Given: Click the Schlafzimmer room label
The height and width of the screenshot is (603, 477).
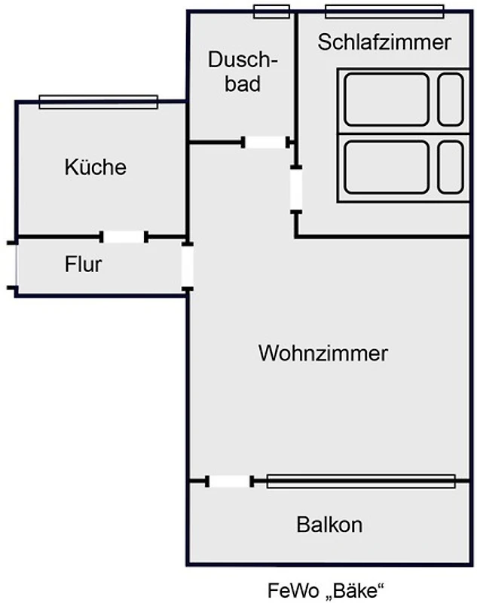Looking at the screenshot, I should pyautogui.click(x=384, y=42).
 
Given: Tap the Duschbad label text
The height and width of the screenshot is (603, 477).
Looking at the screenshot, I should pyautogui.click(x=243, y=71).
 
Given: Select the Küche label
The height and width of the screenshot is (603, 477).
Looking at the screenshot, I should pyautogui.click(x=95, y=167).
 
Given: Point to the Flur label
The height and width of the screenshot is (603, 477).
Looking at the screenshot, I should pyautogui.click(x=83, y=265).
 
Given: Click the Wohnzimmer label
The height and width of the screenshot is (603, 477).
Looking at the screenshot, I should pyautogui.click(x=323, y=353).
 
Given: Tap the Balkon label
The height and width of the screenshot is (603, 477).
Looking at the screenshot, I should pyautogui.click(x=329, y=525).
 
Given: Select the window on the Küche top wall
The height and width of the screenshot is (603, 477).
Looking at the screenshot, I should pyautogui.click(x=98, y=102).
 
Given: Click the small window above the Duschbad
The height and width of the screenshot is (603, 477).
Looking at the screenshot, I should pyautogui.click(x=271, y=11).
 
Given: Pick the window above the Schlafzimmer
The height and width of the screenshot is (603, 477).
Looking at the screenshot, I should pyautogui.click(x=384, y=11).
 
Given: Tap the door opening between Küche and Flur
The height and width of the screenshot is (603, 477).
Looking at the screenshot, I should pyautogui.click(x=124, y=237).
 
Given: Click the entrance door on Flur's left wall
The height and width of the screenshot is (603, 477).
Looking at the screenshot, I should pyautogui.click(x=13, y=265).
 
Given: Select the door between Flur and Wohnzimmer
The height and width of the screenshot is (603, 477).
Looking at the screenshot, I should pyautogui.click(x=187, y=265).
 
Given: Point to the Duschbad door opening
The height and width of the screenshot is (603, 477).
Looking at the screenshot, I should pyautogui.click(x=267, y=142).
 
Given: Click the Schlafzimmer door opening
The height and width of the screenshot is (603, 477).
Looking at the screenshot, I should pyautogui.click(x=296, y=189).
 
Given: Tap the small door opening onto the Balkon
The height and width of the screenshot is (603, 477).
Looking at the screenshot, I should pyautogui.click(x=230, y=481).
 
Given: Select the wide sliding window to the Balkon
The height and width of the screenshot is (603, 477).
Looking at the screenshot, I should pyautogui.click(x=361, y=481).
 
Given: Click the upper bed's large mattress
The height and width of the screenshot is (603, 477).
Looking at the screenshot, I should pyautogui.click(x=386, y=99).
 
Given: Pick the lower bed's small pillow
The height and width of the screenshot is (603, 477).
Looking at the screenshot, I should pyautogui.click(x=451, y=167).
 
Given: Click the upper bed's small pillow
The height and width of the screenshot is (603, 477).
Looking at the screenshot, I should pyautogui.click(x=451, y=99).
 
